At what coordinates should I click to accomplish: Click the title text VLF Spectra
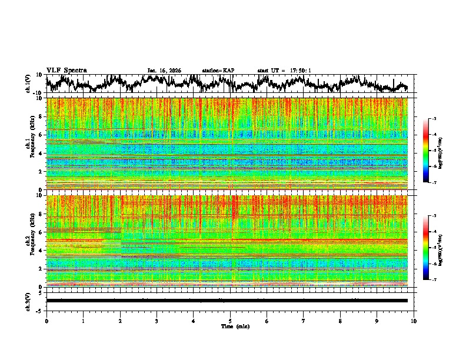pyautogui.click(x=66, y=70)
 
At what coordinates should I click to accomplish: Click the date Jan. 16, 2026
pyautogui.click(x=164, y=71)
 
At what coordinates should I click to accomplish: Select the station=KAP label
pyautogui.click(x=218, y=71)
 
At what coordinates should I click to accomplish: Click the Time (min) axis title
pyautogui.click(x=230, y=326)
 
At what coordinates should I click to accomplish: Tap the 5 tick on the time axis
pyautogui.click(x=230, y=321)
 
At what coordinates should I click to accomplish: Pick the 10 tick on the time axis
pyautogui.click(x=414, y=321)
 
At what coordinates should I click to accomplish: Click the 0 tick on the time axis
pyautogui.click(x=46, y=321)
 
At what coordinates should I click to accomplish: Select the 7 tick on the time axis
pyautogui.click(x=304, y=321)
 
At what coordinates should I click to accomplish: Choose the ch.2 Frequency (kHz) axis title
pyautogui.click(x=31, y=241)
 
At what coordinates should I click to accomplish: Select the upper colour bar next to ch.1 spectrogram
pyautogui.click(x=432, y=151)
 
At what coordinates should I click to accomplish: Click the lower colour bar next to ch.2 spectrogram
pyautogui.click(x=432, y=248)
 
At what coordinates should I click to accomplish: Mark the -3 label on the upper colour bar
pyautogui.click(x=439, y=119)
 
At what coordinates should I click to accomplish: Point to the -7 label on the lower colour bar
pyautogui.click(x=439, y=280)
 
